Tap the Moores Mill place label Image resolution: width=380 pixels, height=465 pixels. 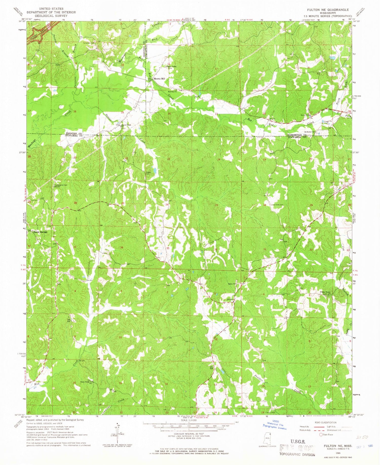159,79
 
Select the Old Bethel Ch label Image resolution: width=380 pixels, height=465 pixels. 309,132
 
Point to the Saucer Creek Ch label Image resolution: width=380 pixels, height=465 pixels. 126,125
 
